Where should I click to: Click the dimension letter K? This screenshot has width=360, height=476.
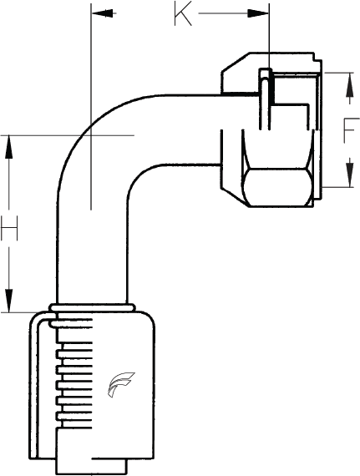point(183,13)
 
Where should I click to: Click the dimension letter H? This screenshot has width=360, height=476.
point(9,228)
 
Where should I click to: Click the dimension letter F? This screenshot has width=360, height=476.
point(352,130)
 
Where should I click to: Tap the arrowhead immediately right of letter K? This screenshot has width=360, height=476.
point(258,13)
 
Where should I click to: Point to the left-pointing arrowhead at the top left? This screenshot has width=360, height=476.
point(103,13)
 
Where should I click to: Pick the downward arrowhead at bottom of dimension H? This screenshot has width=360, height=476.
point(9,301)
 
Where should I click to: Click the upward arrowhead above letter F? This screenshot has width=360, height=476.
point(350,84)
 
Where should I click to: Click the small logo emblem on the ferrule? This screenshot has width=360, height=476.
point(119,385)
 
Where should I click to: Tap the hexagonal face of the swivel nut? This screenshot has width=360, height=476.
point(278,187)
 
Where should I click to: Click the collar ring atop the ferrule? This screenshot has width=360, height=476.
point(92,308)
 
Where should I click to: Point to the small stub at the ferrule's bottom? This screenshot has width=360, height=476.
point(92,465)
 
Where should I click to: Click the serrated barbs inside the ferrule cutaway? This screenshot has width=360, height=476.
point(74,373)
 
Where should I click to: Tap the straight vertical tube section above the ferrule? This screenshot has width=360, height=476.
point(92,258)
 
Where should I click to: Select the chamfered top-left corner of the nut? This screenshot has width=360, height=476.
point(236,63)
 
